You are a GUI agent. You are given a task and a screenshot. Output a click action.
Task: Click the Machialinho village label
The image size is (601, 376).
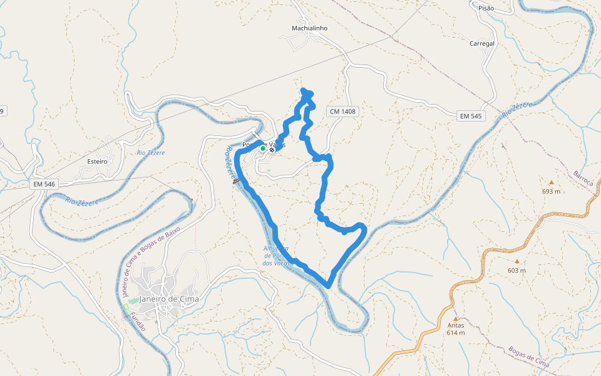point(309,28)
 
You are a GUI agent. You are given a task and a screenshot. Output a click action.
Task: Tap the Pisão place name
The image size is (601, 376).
point(486,8)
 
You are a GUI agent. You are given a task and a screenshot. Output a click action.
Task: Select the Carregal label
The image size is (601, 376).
point(482,44)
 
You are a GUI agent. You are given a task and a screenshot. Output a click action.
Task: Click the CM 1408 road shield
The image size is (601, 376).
point(342,112)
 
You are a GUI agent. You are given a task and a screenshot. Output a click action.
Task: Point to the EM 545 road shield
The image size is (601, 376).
point(471,116)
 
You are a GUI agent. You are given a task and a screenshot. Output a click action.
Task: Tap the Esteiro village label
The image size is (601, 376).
point(97,161)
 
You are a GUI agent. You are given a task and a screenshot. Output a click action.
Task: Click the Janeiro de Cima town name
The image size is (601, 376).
point(169,299)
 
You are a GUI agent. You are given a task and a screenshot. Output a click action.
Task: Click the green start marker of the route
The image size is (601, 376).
point(263,149)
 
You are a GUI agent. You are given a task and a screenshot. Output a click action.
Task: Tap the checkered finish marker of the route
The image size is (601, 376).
point(272,150)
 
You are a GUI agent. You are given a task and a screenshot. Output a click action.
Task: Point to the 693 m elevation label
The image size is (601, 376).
point(552,191)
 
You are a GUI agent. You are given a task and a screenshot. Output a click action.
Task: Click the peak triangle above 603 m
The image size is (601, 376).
point(517,261)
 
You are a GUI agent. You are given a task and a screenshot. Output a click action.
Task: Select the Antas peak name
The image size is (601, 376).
point(456,325)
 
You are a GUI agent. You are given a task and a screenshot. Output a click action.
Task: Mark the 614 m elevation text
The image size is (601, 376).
point(456,333)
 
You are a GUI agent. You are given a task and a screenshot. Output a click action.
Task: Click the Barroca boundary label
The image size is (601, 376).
point(583,178)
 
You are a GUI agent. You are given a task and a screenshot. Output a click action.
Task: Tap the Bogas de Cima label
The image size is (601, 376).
point(529,357)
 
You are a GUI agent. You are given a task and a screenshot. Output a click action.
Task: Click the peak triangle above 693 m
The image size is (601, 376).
point(552,182)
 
